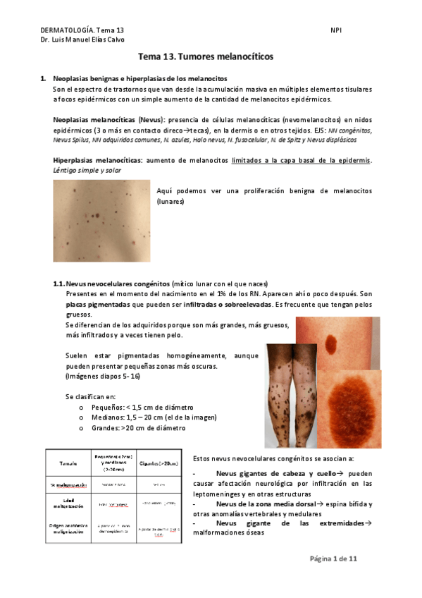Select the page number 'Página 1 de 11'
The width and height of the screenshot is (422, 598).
[x=334, y=559]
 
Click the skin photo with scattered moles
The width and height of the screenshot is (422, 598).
[x=101, y=220]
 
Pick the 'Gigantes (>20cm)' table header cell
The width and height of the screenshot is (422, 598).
[x=159, y=462]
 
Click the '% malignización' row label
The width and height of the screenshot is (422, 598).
[x=68, y=485]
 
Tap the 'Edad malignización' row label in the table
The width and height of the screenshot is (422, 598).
[x=68, y=503]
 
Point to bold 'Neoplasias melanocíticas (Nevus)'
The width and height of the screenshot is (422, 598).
[x=108, y=121]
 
